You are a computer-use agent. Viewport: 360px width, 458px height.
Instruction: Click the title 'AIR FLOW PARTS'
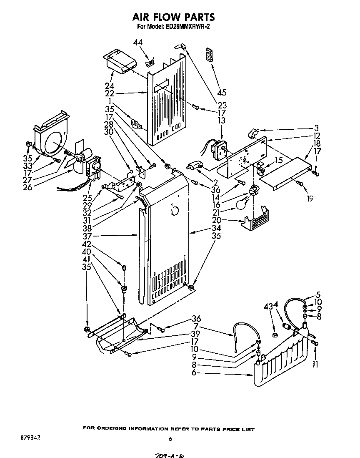173,17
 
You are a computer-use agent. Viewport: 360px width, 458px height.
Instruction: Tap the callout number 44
138,42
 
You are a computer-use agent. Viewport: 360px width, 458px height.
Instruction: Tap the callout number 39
195,334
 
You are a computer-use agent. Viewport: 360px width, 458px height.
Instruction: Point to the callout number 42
86,244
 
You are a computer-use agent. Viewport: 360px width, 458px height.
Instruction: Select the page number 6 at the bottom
170,438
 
